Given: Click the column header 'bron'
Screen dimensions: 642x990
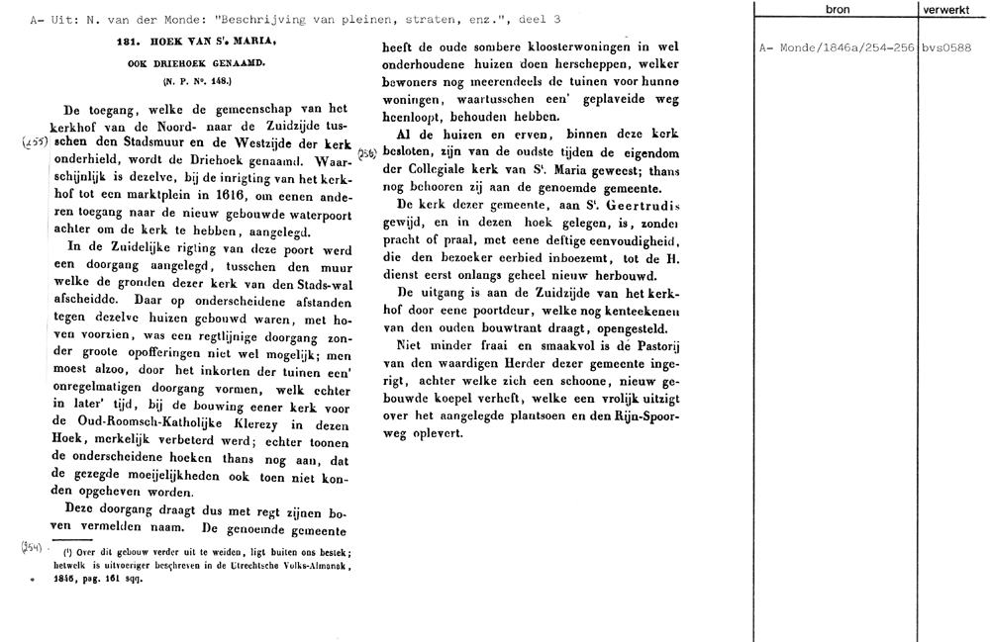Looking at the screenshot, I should (x=837, y=9).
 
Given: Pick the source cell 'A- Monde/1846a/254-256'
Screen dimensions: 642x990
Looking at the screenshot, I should (x=837, y=47).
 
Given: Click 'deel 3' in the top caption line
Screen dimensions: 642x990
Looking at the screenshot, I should (x=541, y=19).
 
